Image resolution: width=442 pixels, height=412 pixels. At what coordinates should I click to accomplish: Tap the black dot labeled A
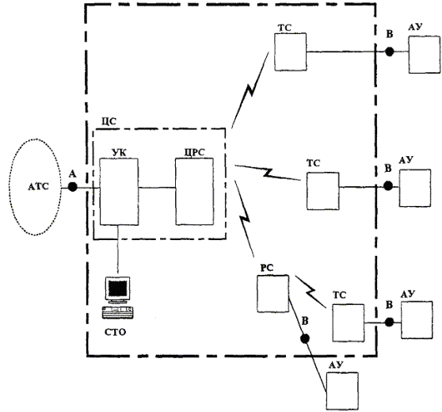[x=73, y=187]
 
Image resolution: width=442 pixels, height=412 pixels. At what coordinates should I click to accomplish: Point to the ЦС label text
[x=109, y=121]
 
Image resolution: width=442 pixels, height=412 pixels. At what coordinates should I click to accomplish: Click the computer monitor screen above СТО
[x=117, y=288]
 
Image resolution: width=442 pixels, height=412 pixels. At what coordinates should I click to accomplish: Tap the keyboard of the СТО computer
[x=117, y=312]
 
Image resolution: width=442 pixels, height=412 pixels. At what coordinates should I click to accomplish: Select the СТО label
[x=115, y=332]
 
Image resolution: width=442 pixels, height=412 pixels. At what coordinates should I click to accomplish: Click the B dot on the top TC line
[x=389, y=51]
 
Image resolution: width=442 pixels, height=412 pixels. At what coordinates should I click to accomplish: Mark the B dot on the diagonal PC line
[x=305, y=338]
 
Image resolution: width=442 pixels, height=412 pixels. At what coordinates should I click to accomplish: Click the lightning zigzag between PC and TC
[x=311, y=292]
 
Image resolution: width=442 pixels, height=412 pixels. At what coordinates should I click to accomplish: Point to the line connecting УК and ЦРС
[x=157, y=187]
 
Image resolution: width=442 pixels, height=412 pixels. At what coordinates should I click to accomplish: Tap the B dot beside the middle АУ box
[x=388, y=186]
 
